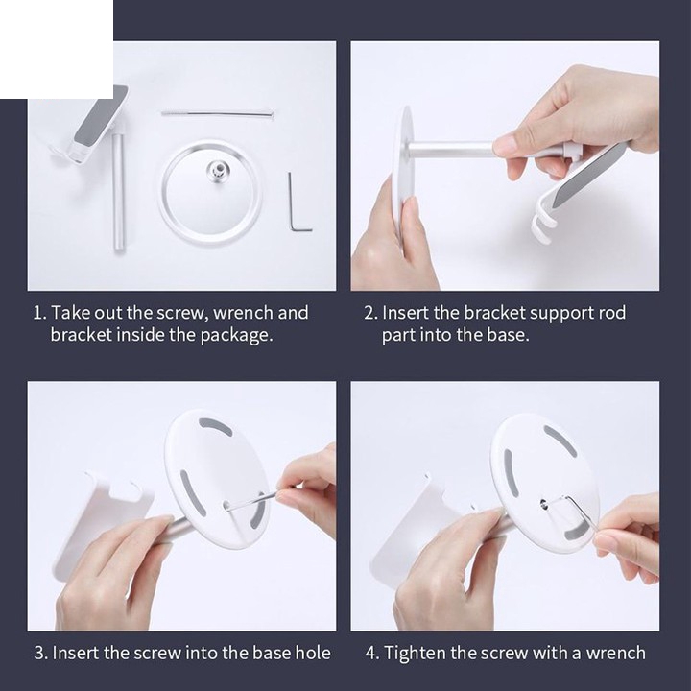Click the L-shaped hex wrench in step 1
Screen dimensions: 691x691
291,207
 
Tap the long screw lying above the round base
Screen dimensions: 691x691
218,113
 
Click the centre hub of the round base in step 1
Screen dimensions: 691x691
216,169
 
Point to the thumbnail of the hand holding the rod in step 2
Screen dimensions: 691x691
508,145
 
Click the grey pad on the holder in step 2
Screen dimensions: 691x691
588,178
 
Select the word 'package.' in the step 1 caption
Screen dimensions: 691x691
236,336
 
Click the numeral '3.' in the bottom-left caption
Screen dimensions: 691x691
40,653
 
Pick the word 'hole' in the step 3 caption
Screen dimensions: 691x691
313,653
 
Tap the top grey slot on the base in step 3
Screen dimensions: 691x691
216,426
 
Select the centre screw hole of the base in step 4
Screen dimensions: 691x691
543,503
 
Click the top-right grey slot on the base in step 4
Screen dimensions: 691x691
560,441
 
